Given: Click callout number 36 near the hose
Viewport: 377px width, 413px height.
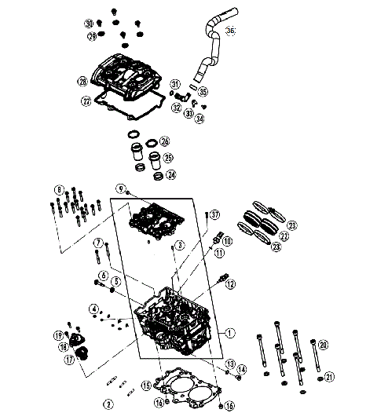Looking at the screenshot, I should (x=230, y=31).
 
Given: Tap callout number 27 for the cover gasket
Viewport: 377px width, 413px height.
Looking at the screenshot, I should (x=86, y=101).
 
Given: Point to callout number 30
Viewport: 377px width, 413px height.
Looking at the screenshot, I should (x=89, y=23).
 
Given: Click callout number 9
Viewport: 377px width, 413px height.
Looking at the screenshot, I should (x=122, y=188).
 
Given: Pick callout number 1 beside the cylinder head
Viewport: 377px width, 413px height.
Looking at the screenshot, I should (x=229, y=332).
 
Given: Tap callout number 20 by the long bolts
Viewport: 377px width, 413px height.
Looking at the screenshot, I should (x=323, y=343).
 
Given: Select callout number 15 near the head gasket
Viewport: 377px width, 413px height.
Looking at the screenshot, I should (x=145, y=386).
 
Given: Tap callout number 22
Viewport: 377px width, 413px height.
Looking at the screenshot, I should (x=284, y=235).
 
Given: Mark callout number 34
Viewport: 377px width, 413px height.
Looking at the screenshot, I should (x=199, y=119).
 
